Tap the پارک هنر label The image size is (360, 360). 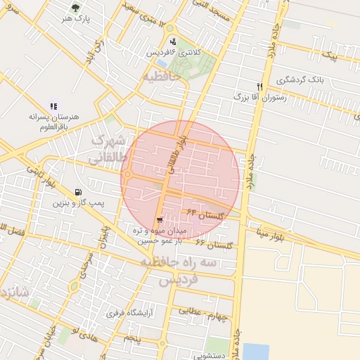click(x=76, y=19)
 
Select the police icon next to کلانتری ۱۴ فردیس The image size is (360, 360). click(x=173, y=41)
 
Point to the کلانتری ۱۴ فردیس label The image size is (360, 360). click(x=173, y=53)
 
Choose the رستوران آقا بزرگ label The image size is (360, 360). click(x=264, y=96)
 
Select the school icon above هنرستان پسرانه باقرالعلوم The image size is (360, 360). click(x=54, y=105)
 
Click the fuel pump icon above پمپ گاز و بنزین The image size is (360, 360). click(x=77, y=192)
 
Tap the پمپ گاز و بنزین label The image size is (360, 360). click(x=77, y=203)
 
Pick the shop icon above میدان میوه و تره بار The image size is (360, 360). click(x=161, y=219)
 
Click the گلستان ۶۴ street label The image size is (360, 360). click(x=205, y=213)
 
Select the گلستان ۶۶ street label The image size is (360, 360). click(x=214, y=245)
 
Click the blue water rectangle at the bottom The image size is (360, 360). click(x=257, y=351)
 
